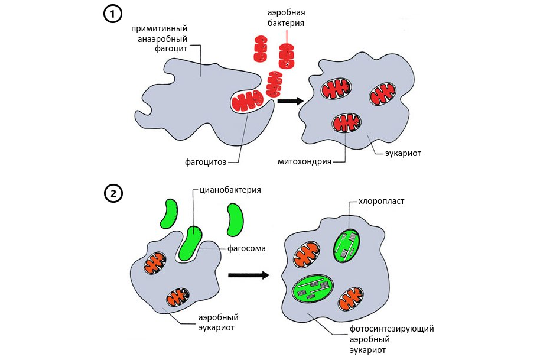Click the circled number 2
[113, 193]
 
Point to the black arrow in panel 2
[249, 275]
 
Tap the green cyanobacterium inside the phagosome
[188, 243]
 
